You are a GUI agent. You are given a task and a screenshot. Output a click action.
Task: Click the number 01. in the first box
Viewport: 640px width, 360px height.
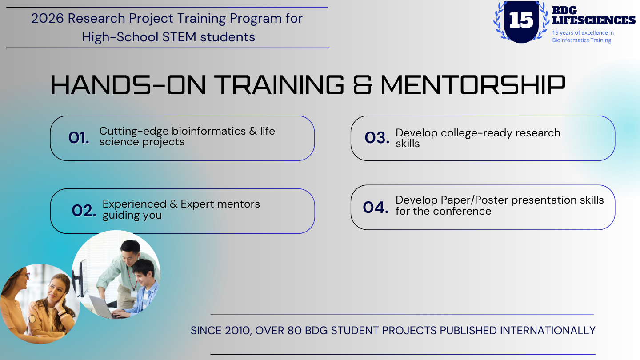click(x=79, y=138)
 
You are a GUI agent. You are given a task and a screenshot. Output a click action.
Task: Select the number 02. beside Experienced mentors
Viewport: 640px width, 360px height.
click(x=84, y=211)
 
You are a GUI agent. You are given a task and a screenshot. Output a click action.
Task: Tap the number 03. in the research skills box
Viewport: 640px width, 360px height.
click(x=377, y=137)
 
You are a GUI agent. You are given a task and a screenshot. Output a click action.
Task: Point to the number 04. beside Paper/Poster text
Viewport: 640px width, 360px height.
click(x=376, y=208)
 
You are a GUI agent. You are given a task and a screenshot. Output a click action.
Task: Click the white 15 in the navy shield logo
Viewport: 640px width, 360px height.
click(x=521, y=20)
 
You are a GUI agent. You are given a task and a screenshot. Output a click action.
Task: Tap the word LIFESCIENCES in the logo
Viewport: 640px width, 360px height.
click(x=594, y=20)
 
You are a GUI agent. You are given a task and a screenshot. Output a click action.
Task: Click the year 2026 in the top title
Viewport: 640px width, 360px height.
click(x=48, y=19)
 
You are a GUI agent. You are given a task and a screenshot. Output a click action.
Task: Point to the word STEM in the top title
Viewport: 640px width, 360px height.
click(x=179, y=37)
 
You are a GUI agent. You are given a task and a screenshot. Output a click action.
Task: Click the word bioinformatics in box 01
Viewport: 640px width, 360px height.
click(x=208, y=131)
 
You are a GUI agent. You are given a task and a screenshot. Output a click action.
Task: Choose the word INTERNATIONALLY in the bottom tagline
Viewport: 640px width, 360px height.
click(x=548, y=331)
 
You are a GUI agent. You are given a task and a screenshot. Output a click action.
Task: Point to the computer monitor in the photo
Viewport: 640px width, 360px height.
click(x=80, y=279)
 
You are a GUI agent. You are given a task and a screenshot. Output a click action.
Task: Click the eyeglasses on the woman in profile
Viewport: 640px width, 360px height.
click(x=25, y=276)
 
